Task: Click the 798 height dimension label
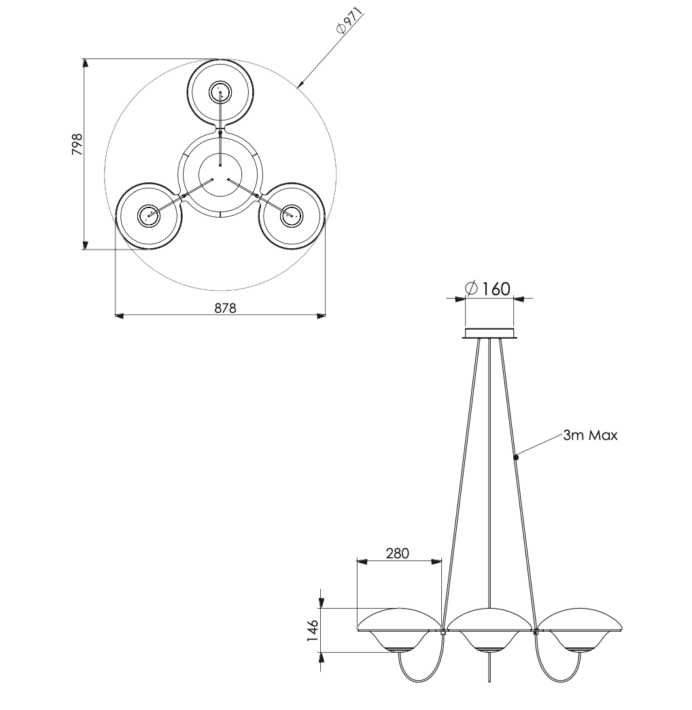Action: point(77,145)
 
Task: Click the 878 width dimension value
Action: point(225,308)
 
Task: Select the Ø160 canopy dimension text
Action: point(488,288)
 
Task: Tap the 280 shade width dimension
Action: point(398,553)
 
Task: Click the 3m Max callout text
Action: point(590,435)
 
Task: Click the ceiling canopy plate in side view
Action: point(489,333)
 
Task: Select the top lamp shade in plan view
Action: point(220,93)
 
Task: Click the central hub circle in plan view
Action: point(220,174)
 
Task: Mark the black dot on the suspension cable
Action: point(516,458)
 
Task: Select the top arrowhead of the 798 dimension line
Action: point(85,63)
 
